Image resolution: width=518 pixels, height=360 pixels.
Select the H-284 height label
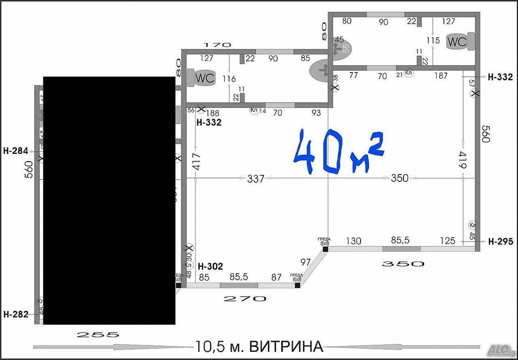pos(15,152)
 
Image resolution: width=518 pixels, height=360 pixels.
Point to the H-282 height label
pos(15,314)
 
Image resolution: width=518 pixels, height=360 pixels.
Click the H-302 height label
pos(210,267)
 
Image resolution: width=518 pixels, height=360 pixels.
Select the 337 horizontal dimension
pos(256,179)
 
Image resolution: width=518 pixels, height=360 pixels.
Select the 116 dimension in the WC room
pos(228,79)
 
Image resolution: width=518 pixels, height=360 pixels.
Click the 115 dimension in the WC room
pos(433,40)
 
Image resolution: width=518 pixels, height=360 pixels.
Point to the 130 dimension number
pos(354,241)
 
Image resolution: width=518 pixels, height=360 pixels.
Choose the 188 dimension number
pos(212,113)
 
